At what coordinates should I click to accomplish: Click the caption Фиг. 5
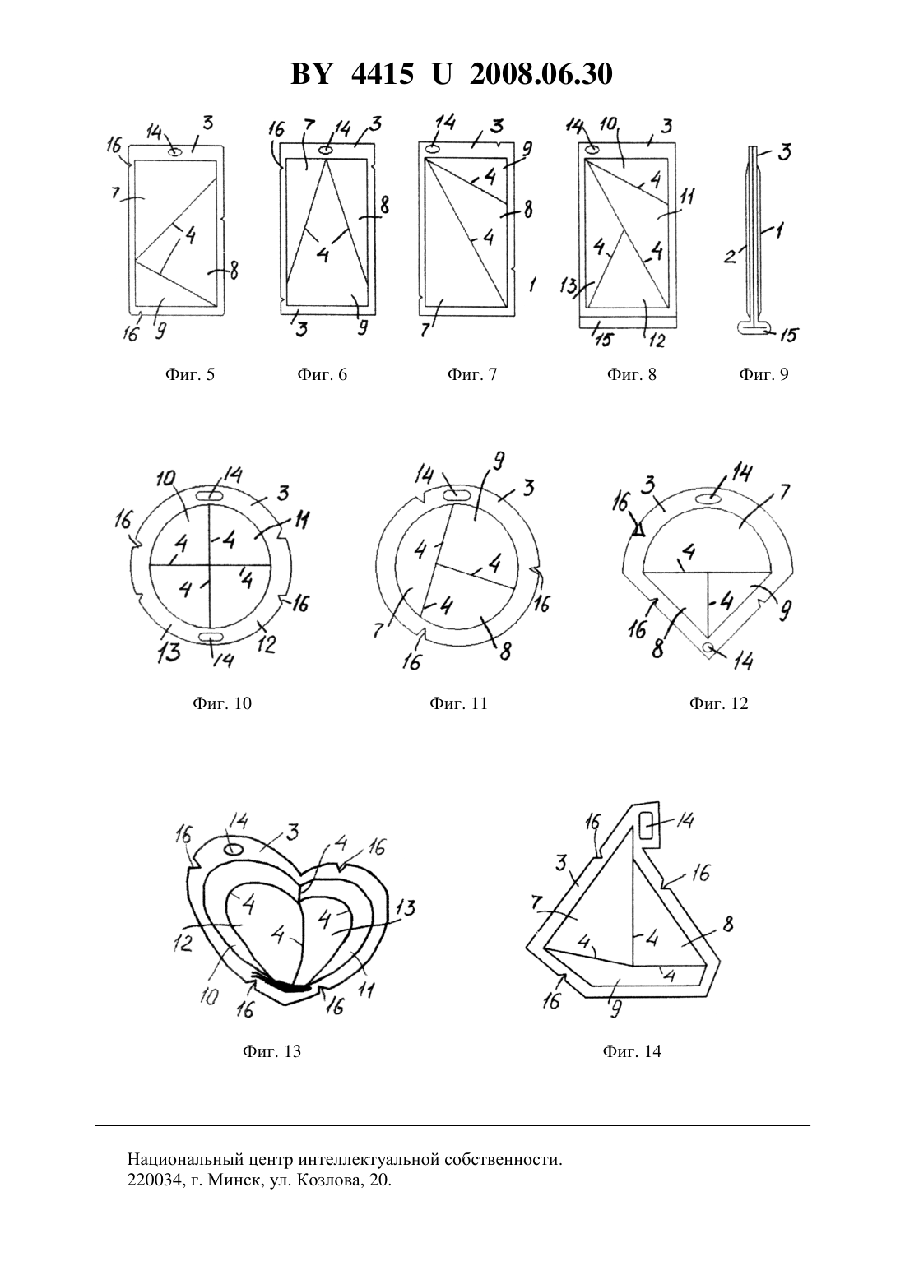pyautogui.click(x=190, y=374)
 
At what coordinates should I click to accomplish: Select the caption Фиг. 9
pyautogui.click(x=763, y=374)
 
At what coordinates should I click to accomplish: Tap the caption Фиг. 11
pyautogui.click(x=459, y=703)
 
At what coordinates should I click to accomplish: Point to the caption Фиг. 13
pyautogui.click(x=272, y=1051)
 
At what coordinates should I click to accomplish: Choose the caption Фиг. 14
pyautogui.click(x=632, y=1051)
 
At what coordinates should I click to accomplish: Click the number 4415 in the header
pyautogui.click(x=382, y=74)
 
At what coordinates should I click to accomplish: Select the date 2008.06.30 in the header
pyautogui.click(x=541, y=74)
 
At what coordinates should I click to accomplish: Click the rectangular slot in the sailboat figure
pyautogui.click(x=646, y=826)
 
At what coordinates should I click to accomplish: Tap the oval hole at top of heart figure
pyautogui.click(x=232, y=849)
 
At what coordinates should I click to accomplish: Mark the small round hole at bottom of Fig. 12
pyautogui.click(x=708, y=647)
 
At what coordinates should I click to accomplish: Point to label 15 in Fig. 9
pyautogui.click(x=788, y=335)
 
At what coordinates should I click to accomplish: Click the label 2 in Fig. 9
pyautogui.click(x=730, y=257)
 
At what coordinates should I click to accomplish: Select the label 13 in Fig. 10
pyautogui.click(x=169, y=652)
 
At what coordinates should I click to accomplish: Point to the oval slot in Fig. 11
pyautogui.click(x=455, y=493)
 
